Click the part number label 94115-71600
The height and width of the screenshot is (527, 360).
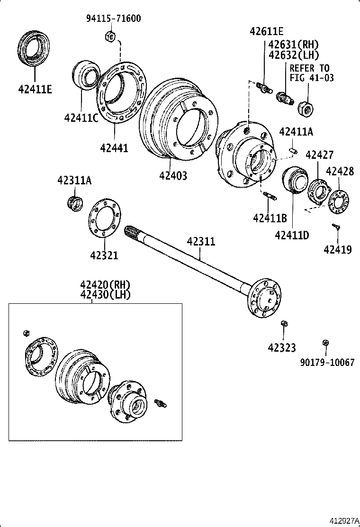[114, 19]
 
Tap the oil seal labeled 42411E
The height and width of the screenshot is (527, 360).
[34, 47]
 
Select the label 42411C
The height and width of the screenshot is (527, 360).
[81, 118]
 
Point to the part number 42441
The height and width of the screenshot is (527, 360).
[114, 148]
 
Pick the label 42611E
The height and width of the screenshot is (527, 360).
[267, 32]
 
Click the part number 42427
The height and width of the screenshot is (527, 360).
[319, 154]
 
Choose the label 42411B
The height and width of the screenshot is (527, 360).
[270, 218]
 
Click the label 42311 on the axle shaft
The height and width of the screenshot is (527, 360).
[201, 242]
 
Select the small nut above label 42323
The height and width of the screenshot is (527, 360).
[284, 324]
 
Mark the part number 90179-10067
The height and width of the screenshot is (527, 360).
[327, 362]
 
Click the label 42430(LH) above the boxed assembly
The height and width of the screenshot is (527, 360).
[105, 294]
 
